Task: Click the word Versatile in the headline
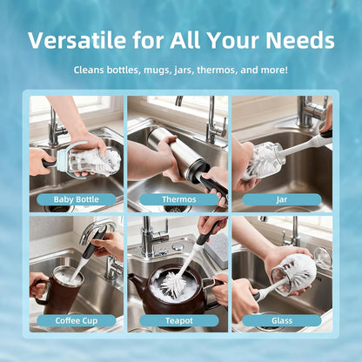coord(77,40)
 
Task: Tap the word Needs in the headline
coord(300,40)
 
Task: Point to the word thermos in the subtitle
coord(216,70)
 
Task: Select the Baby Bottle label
coord(77,199)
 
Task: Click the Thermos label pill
coord(179,199)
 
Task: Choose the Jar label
coord(282,199)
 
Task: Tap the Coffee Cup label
coord(77,321)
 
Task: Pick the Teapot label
coord(179,321)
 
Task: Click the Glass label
coord(282,321)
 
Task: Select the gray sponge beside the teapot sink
coord(217,251)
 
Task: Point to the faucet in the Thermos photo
coord(214,122)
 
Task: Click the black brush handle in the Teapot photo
coord(207,232)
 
